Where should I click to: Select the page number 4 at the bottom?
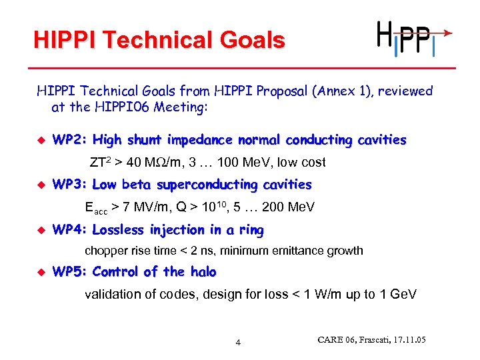(x=238, y=343)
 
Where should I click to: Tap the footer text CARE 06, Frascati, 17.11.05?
(x=371, y=340)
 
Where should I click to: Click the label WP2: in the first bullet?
(x=70, y=140)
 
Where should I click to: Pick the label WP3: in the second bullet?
(x=70, y=185)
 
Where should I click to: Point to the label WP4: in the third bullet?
(x=70, y=230)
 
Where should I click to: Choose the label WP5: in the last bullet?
(x=70, y=272)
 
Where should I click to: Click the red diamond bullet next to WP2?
(x=41, y=141)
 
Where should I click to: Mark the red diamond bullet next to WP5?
(x=41, y=273)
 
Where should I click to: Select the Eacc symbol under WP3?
(x=96, y=208)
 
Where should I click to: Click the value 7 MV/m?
(x=142, y=207)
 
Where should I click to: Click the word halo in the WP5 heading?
(x=203, y=272)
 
